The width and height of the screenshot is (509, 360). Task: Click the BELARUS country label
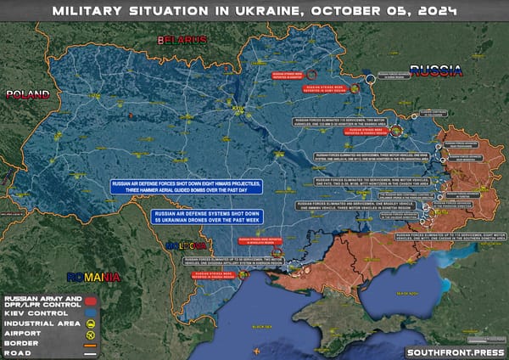pos(180,40)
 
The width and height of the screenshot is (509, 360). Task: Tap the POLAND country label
pos(26,94)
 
